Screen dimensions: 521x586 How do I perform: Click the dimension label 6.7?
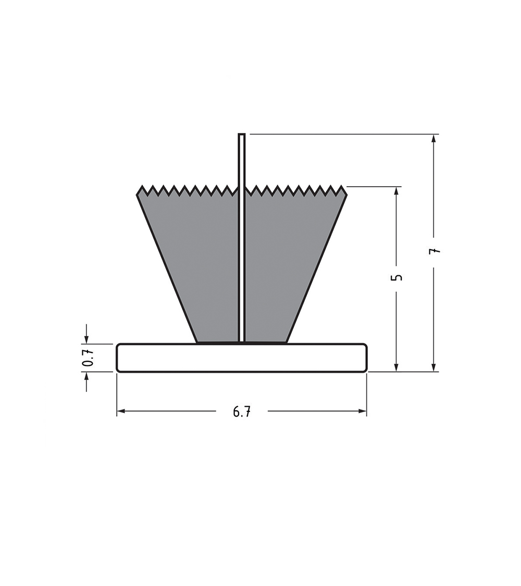(242, 412)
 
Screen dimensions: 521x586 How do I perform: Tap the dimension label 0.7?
(87, 358)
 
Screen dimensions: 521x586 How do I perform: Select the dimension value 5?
(398, 277)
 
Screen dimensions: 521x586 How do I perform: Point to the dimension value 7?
(435, 251)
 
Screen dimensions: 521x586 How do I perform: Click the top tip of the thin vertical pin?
(242, 134)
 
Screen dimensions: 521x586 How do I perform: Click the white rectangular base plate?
(242, 358)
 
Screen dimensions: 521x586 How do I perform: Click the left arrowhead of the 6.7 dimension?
(120, 411)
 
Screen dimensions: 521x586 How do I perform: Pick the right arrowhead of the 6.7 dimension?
(363, 411)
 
